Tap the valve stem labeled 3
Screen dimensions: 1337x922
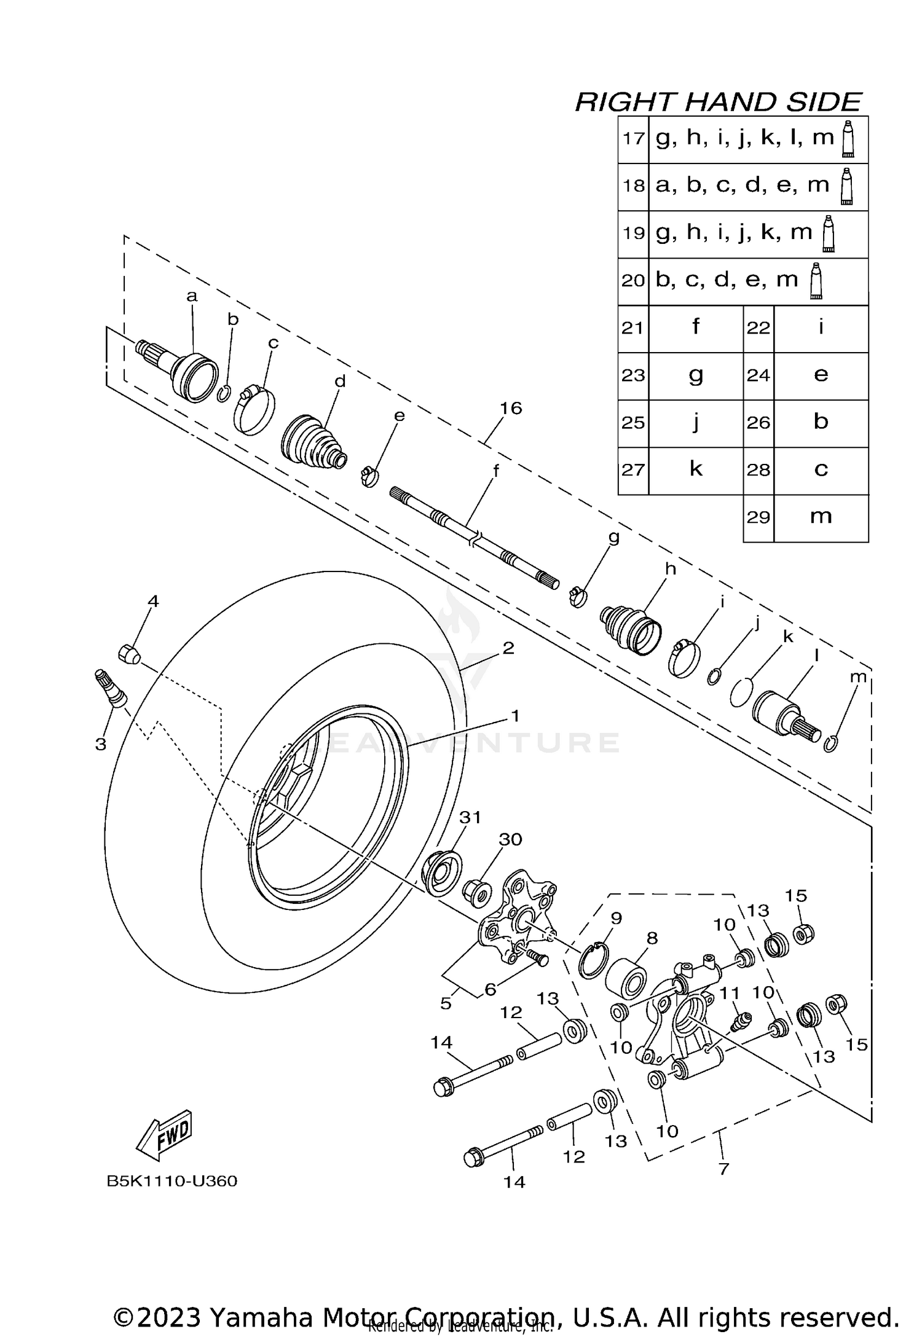111,688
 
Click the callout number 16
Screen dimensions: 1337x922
511,408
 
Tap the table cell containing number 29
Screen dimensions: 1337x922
758,517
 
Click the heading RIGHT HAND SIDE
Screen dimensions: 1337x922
718,102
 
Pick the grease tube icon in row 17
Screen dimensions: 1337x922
848,139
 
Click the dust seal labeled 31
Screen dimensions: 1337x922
441,872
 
